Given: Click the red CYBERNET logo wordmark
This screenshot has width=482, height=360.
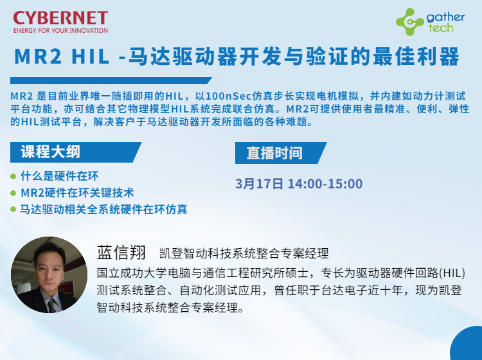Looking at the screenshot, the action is point(60,18).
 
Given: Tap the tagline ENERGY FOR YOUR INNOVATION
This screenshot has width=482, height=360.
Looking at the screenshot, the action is point(60,30).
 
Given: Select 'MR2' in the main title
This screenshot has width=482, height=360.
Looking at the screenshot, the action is point(38,57).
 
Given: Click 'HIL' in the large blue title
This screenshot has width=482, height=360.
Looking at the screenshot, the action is point(91,57).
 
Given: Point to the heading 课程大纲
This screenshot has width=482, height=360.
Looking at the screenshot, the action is point(50,152).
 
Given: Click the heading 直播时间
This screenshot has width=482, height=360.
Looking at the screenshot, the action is point(274,153).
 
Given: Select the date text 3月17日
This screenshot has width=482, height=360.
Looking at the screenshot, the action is point(259,184).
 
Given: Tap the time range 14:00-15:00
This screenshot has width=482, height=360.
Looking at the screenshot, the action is point(325,184).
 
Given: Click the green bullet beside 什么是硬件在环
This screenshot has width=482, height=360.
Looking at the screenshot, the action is point(13,177).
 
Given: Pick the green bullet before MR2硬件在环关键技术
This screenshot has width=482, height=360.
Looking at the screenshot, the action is point(13,193).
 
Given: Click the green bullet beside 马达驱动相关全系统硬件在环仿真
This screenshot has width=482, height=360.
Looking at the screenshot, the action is point(13,210).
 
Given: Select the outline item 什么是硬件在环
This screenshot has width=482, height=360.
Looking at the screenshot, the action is point(60,176).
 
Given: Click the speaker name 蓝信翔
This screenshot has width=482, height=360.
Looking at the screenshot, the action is point(121,253).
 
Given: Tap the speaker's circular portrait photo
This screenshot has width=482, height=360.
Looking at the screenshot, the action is point(49,275).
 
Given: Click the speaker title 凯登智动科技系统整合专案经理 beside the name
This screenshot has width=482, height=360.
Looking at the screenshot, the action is point(244,253).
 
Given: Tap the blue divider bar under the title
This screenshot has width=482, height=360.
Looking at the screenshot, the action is point(111,80).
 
